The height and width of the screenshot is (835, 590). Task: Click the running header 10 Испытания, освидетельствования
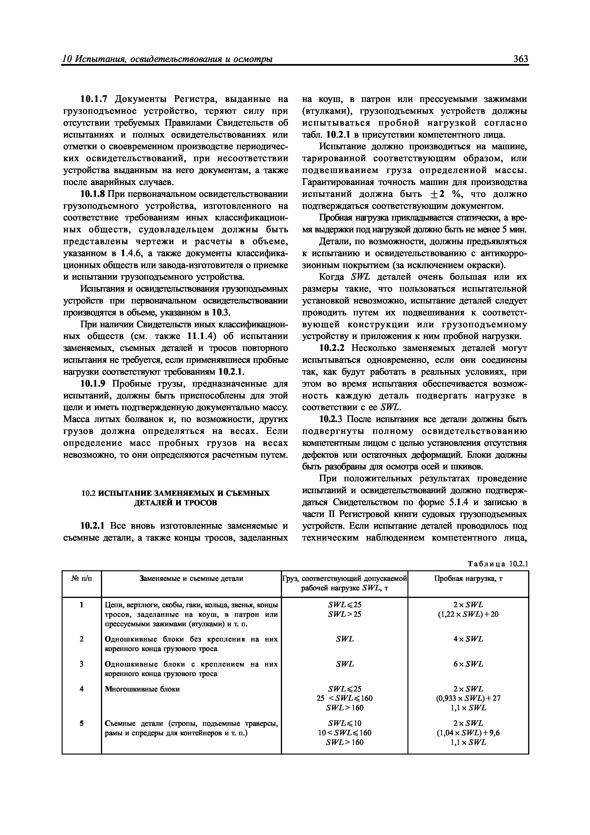168,59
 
